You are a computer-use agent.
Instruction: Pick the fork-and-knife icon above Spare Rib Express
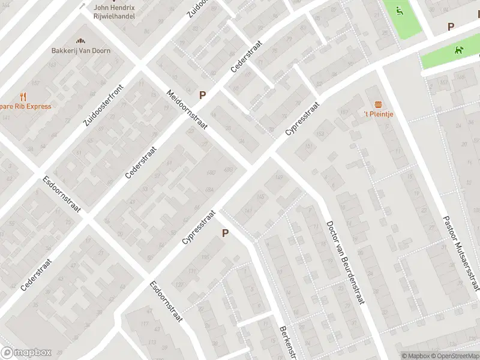point(23,96)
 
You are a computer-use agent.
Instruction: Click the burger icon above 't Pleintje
point(378,104)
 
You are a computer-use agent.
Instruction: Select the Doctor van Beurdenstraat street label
point(345,262)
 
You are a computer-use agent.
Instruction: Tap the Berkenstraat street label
point(289,343)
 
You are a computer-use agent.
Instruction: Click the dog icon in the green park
point(459,51)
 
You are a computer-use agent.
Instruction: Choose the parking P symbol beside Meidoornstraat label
point(203,95)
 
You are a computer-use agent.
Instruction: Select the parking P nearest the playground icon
point(451,26)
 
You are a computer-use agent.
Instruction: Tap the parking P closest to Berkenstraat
point(226,233)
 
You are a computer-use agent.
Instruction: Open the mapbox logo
point(26,353)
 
